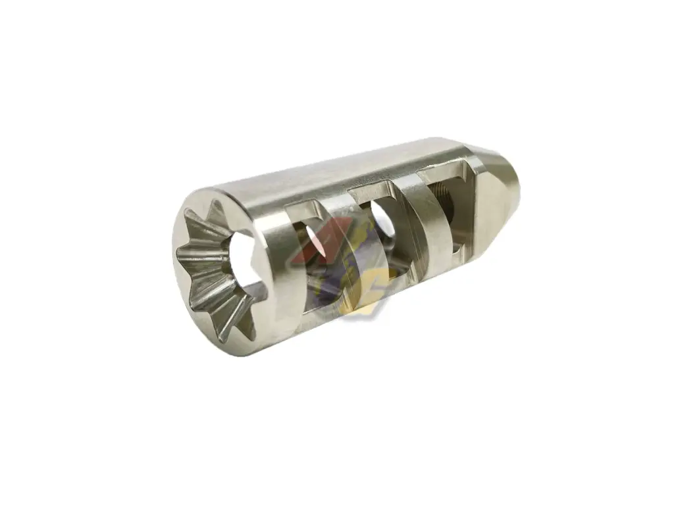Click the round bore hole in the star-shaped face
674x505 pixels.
[241, 262]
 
